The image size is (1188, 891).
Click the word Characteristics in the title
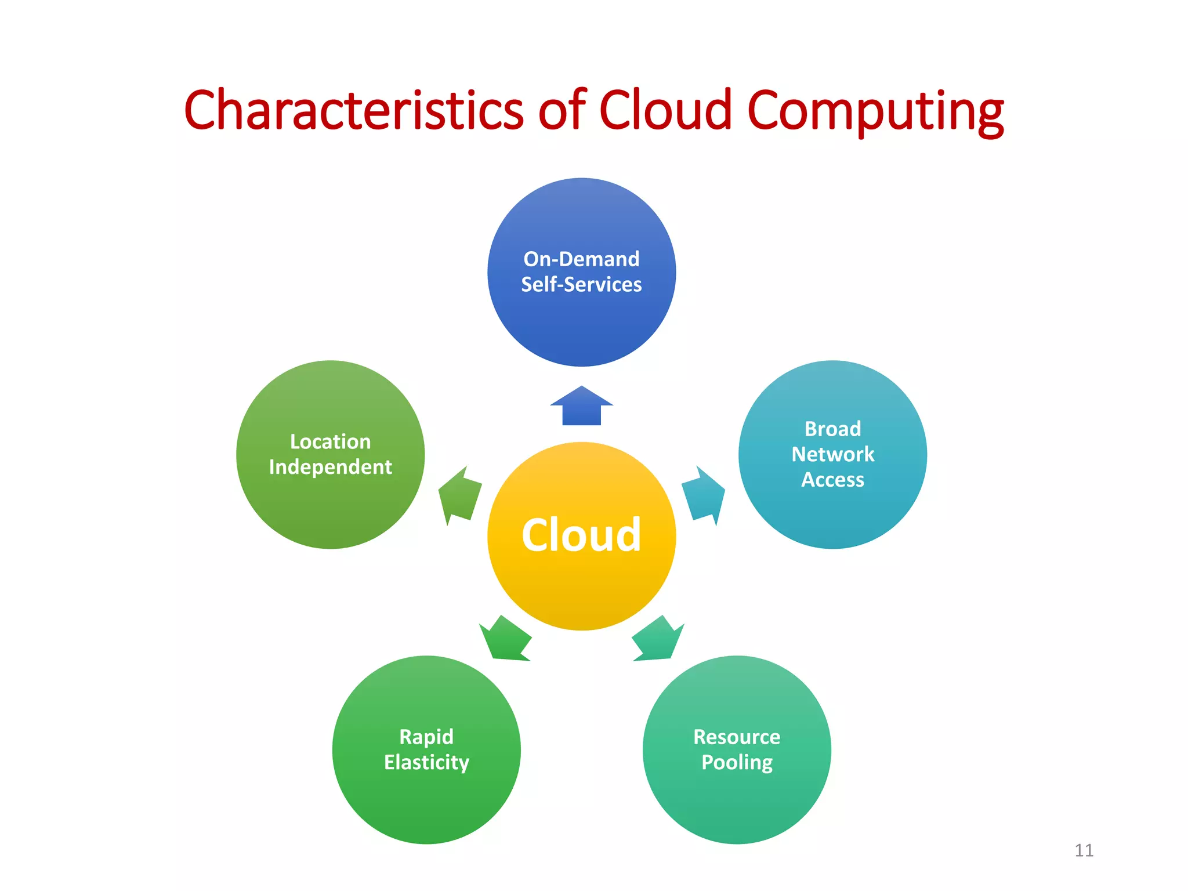tap(353, 110)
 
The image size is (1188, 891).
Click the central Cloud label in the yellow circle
tap(581, 535)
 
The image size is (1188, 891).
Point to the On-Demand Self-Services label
tap(581, 271)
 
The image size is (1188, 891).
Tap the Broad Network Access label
tap(832, 454)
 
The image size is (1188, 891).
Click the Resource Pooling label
tap(737, 749)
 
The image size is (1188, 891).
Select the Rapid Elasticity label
tap(426, 749)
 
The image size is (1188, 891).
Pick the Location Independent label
tap(330, 454)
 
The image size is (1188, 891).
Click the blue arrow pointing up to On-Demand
tap(581, 406)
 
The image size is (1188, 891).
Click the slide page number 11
tap(1084, 850)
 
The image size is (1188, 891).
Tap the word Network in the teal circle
tap(832, 454)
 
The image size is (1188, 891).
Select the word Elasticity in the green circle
tap(426, 762)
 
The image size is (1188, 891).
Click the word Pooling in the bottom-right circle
tap(737, 762)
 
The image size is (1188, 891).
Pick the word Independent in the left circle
tap(330, 467)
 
